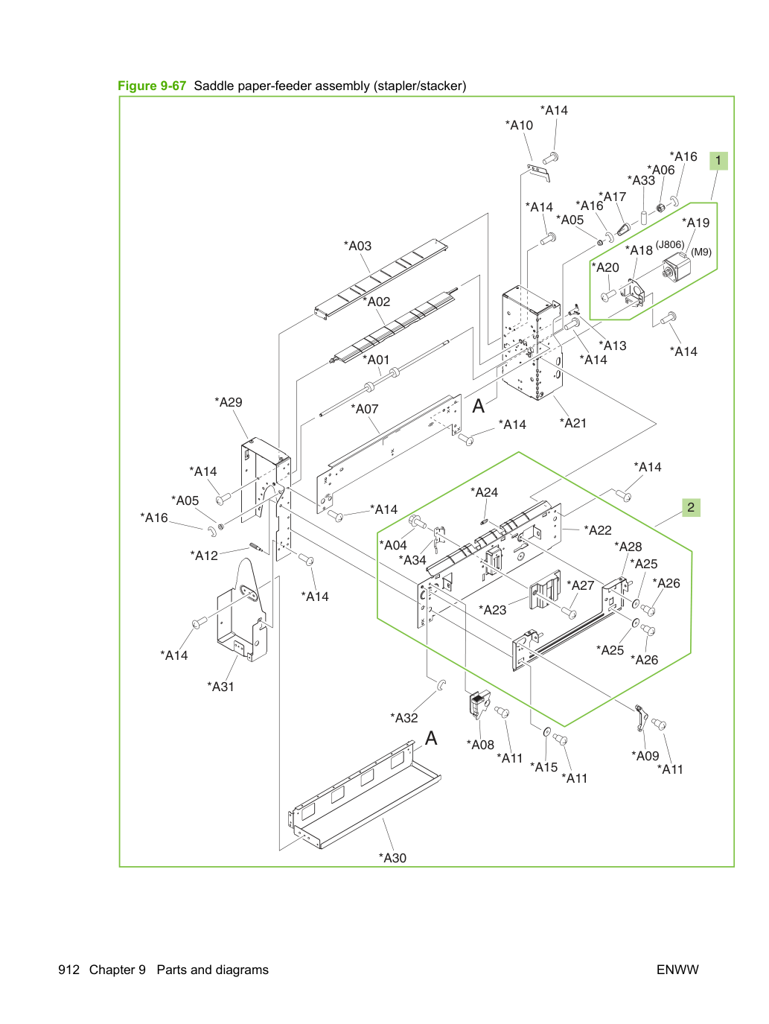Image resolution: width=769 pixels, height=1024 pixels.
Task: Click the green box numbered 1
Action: [x=718, y=161]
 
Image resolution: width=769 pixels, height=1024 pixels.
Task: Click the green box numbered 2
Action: [x=691, y=507]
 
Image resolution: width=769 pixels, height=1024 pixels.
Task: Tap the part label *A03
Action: [x=357, y=246]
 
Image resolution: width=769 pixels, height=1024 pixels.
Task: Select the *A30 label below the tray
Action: [x=392, y=857]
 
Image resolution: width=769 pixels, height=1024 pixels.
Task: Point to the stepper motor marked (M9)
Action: [x=677, y=269]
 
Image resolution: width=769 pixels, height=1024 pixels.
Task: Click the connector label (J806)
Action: [x=670, y=244]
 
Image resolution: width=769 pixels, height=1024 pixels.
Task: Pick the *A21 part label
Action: [x=572, y=423]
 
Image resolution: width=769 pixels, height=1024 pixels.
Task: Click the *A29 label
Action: [x=228, y=402]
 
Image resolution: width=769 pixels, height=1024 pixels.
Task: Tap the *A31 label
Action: [x=220, y=686]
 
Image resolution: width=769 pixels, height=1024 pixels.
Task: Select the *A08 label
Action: [x=480, y=745]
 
